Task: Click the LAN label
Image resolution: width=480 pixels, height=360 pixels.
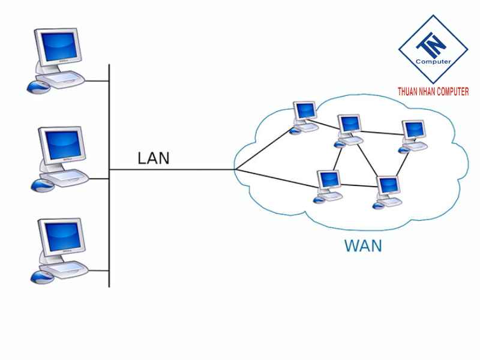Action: point(154,158)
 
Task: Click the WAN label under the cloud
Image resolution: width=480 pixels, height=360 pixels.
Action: point(362,246)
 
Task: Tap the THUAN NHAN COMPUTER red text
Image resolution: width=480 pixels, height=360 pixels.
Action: point(433,92)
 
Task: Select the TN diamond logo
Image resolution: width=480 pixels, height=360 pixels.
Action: point(433,48)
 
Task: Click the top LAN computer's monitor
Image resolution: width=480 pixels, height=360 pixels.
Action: point(58,47)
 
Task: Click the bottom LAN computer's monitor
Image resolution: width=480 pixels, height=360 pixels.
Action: point(60,237)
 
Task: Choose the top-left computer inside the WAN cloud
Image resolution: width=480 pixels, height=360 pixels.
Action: point(305,114)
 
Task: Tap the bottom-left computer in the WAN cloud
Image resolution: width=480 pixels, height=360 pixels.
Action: point(329,184)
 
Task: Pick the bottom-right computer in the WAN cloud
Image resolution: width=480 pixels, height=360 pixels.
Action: point(387,189)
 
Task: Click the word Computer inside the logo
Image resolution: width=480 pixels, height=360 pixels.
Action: point(433,61)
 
